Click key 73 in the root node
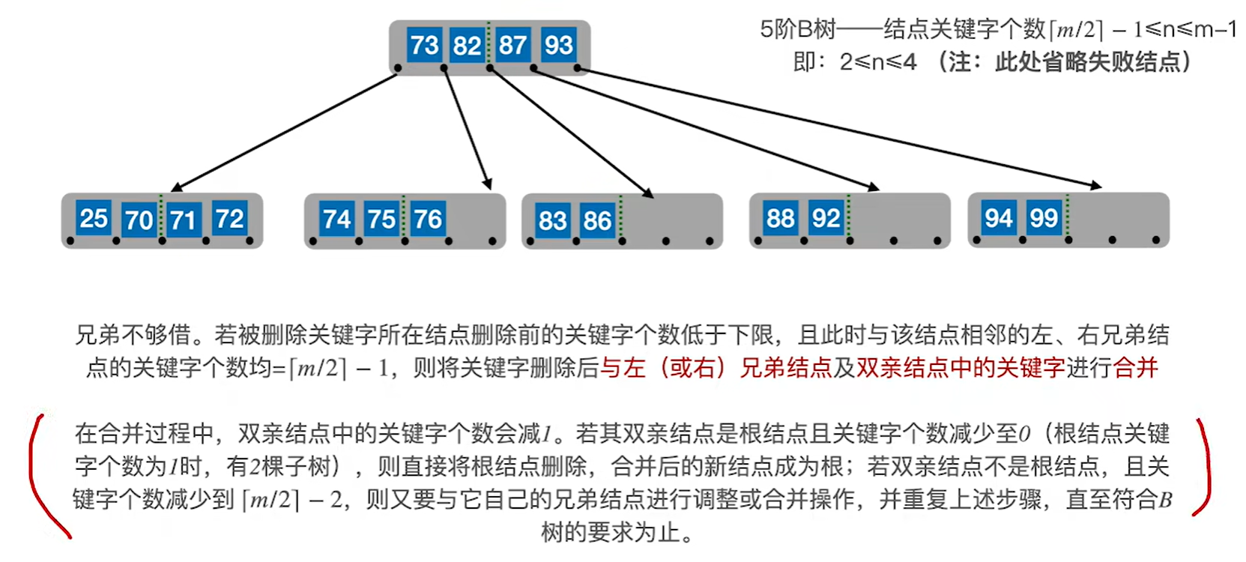tap(424, 45)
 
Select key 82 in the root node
tap(467, 45)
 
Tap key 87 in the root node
tap(512, 45)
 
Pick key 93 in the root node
tap(558, 45)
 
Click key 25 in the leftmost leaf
tap(94, 218)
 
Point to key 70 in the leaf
tap(139, 220)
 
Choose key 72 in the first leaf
tap(229, 218)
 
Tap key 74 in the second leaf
tap(336, 219)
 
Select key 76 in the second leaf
tap(427, 219)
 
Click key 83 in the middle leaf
tap(552, 220)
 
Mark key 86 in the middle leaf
tap(597, 220)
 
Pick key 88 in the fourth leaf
tap(780, 218)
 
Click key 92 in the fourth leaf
tap(826, 218)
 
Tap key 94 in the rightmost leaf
tap(999, 218)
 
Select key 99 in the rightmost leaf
tap(1044, 218)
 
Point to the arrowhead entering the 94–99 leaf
tap(1096, 185)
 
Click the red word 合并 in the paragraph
tap(1135, 367)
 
